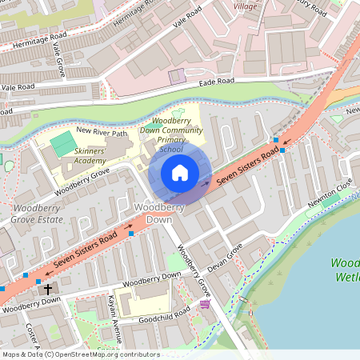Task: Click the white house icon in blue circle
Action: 180,173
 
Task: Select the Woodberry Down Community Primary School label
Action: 171,134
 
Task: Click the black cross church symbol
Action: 48,289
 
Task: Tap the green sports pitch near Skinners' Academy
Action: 62,144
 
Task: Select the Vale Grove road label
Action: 58,60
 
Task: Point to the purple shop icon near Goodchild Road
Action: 205,304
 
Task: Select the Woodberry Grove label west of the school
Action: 82,182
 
